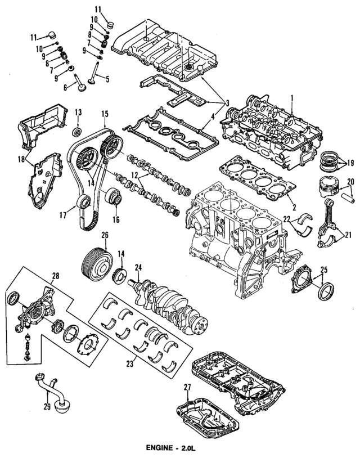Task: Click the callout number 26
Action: pos(104,235)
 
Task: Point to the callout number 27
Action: pos(187,387)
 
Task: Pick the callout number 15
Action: pos(105,114)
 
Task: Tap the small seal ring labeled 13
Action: pos(78,132)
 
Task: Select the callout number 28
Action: pos(55,276)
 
